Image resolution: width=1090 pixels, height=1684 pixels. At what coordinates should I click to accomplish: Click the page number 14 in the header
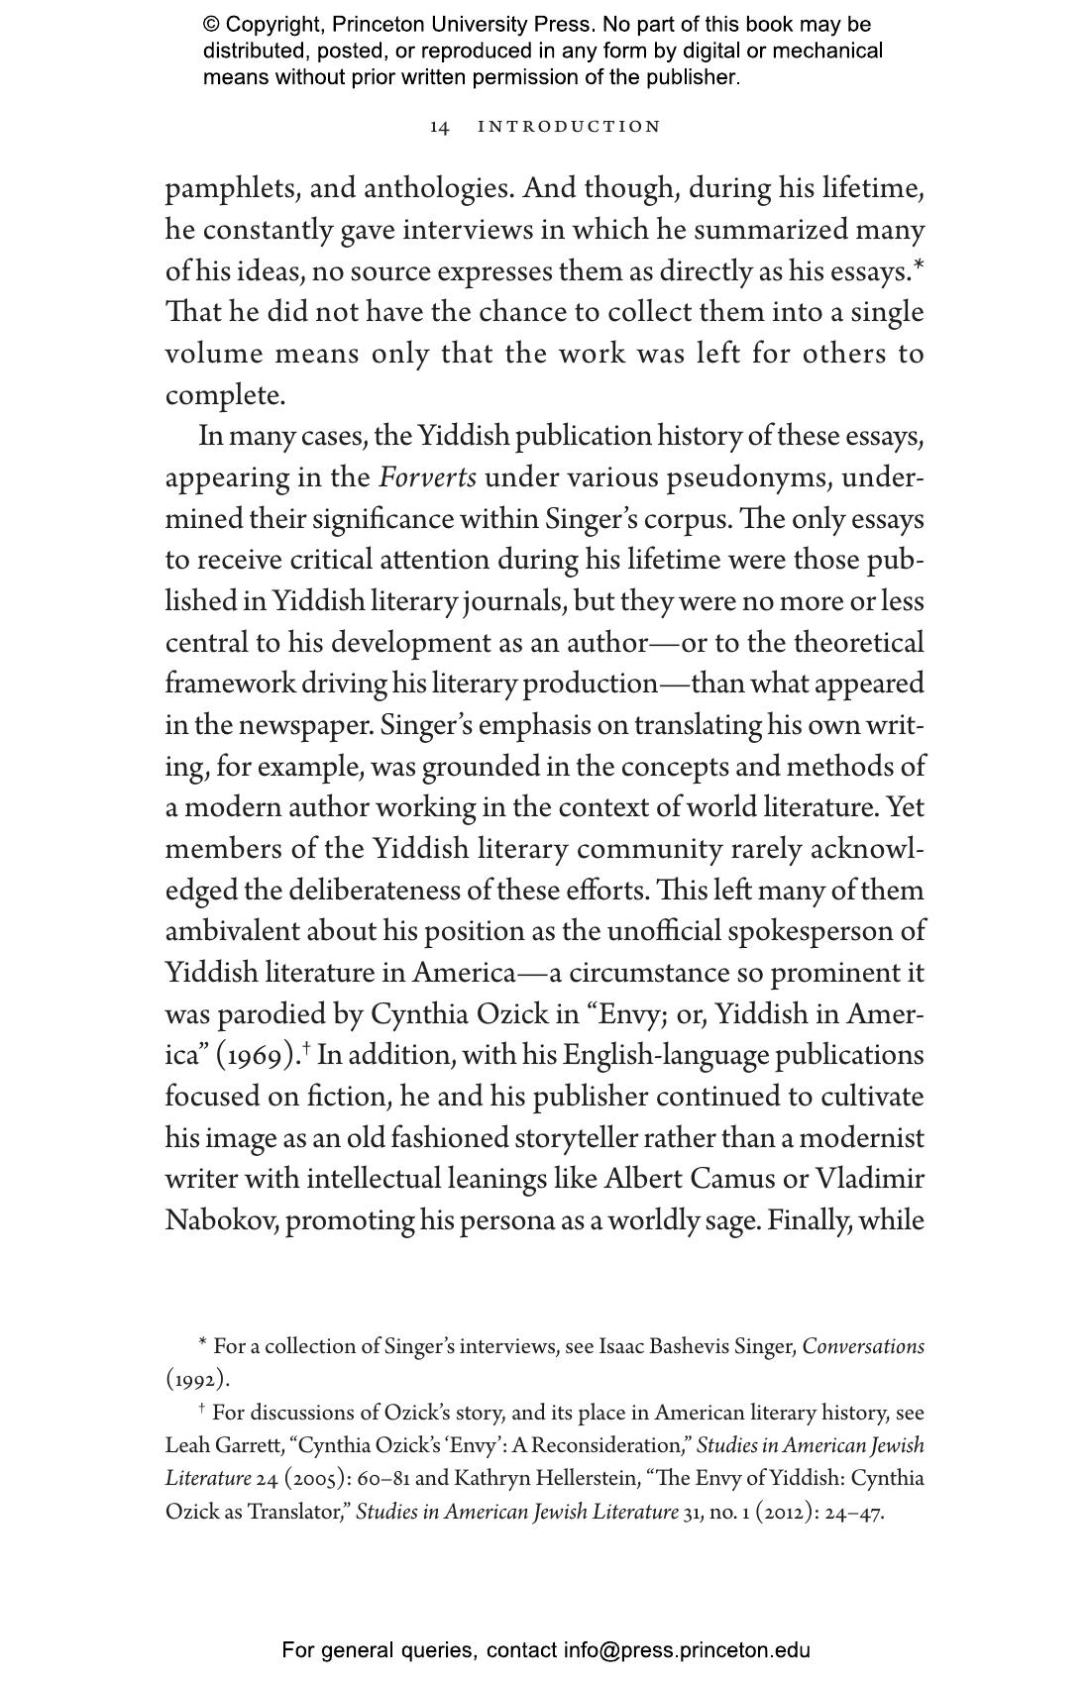[440, 127]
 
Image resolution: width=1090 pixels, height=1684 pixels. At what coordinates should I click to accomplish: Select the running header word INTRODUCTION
[569, 127]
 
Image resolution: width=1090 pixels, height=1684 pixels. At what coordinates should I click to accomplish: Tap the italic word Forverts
[427, 477]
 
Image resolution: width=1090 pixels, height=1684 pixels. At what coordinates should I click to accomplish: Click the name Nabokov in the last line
[221, 1219]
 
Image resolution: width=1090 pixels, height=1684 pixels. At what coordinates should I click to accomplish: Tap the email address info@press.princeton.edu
[687, 1650]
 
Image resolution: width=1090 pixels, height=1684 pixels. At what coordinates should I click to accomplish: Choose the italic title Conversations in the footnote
[863, 1347]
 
